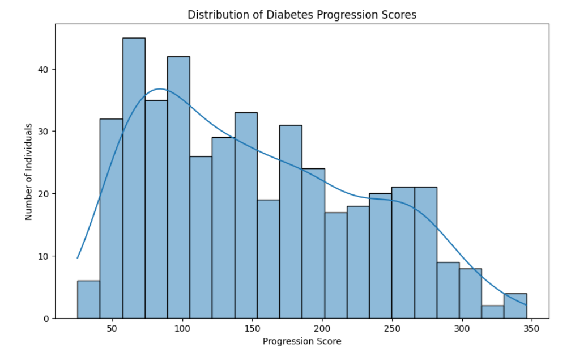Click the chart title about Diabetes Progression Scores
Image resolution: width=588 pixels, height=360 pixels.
302,15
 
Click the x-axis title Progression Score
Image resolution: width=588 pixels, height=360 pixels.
302,341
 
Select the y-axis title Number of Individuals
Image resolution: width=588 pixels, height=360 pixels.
28,171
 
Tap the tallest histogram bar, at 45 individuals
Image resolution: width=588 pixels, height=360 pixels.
134,178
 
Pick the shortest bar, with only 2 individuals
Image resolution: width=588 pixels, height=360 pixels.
492,312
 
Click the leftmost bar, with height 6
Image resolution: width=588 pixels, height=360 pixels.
88,300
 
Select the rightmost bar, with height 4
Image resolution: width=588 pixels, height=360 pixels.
515,306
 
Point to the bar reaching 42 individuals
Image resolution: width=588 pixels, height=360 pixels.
178,187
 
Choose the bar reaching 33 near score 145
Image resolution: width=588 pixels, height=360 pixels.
246,215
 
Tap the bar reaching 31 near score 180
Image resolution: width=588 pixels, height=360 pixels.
291,222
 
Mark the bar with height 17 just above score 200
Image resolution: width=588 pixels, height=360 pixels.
335,265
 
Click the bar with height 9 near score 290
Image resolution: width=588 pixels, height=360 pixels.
448,290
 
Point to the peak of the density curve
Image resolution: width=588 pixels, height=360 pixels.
160,89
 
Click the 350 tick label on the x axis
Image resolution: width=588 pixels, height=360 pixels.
532,329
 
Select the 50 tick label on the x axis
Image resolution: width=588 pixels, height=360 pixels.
112,329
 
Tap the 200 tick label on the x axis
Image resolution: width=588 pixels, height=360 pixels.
322,329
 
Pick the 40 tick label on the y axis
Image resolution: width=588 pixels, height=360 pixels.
44,69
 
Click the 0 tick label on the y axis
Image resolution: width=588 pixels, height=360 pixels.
46,319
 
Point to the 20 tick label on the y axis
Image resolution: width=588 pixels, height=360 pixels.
44,194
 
